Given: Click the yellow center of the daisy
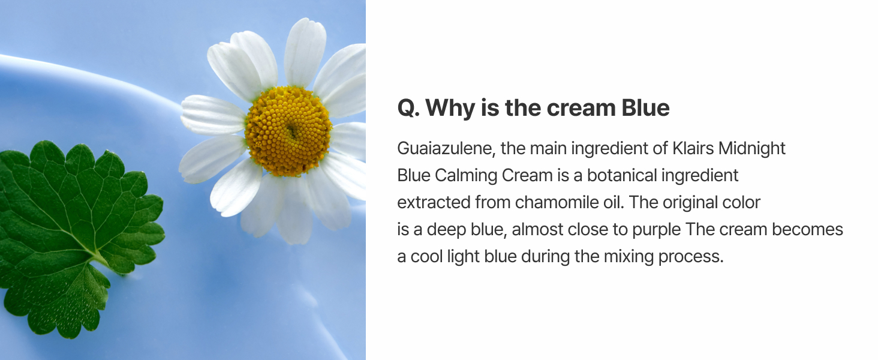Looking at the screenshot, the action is pos(288,131).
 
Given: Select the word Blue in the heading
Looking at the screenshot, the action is pos(645,107).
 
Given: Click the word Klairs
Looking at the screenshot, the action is pos(693,148).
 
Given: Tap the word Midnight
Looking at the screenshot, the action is pos(752,149).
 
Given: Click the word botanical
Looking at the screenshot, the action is pos(622,175).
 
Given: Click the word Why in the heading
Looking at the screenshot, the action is pos(450,108).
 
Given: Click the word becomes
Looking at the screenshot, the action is pos(807,229).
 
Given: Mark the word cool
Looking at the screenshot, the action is pos(426,256).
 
